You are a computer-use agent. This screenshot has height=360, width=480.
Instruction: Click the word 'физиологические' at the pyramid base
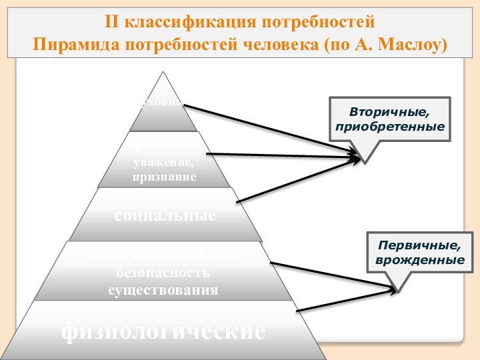163,331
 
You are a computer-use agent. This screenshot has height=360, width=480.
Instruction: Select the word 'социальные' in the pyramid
165,215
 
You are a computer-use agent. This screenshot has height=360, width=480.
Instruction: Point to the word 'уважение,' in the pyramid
164,163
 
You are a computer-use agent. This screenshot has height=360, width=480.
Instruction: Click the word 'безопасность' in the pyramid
164,273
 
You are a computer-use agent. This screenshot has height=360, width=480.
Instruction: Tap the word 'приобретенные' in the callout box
390,125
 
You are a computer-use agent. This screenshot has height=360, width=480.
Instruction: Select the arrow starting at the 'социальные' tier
300,179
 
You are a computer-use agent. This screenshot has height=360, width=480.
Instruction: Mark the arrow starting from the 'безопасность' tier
333,276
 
